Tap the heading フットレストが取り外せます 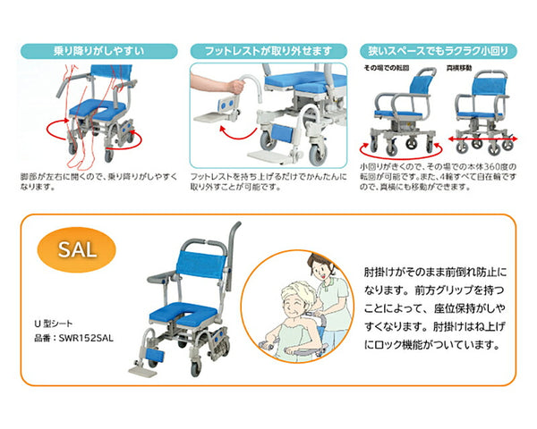pyautogui.click(x=265, y=51)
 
